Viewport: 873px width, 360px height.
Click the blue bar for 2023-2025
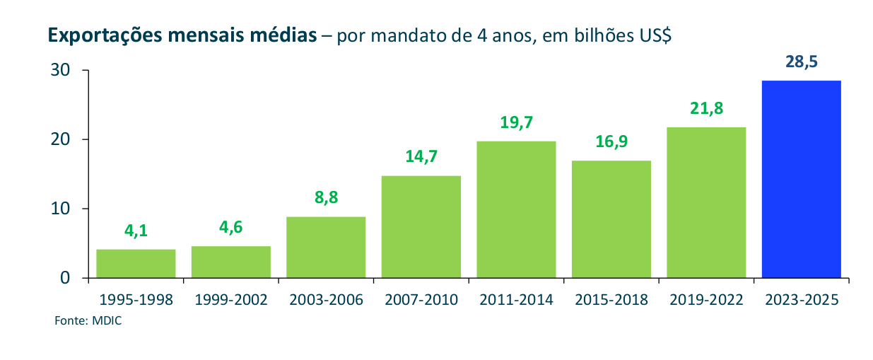(x=801, y=179)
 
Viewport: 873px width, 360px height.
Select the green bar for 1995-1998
(x=136, y=263)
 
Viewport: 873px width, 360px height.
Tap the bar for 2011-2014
(x=516, y=209)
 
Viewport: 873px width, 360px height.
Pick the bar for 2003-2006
(x=326, y=247)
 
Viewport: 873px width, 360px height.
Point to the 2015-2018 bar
(x=611, y=219)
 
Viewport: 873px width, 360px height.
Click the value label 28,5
(x=801, y=62)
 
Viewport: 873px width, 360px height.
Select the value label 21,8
(x=706, y=108)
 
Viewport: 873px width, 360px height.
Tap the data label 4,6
(x=230, y=227)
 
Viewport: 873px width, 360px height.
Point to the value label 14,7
(x=421, y=156)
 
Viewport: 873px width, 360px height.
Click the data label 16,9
(x=611, y=141)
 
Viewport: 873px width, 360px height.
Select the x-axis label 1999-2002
(x=230, y=299)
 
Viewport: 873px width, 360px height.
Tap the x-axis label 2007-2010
(x=421, y=299)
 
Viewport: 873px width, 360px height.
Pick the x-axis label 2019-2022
(x=706, y=299)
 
